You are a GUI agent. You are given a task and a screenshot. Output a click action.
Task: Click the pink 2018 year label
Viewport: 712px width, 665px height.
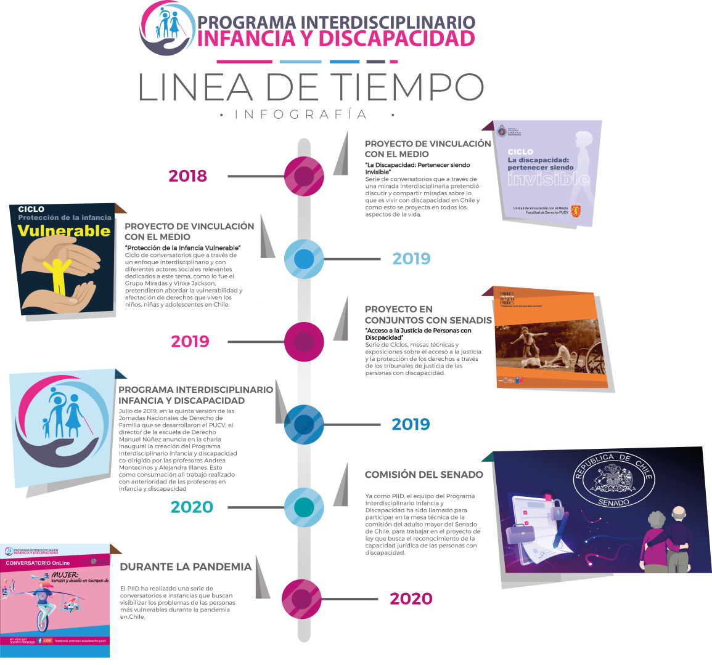(x=188, y=176)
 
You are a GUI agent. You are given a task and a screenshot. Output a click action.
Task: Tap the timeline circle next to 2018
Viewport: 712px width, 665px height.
(x=304, y=176)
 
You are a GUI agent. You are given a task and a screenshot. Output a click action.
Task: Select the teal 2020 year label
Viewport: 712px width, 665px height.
(x=192, y=507)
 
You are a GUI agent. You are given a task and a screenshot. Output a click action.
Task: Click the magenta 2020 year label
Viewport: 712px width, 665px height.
(x=411, y=598)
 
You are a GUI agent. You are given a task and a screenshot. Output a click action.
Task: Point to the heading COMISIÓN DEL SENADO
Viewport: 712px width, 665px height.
(x=424, y=475)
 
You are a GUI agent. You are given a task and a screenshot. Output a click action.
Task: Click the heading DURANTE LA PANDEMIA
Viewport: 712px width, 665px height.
(x=186, y=567)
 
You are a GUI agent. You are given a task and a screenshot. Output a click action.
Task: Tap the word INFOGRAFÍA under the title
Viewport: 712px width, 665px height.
(x=301, y=115)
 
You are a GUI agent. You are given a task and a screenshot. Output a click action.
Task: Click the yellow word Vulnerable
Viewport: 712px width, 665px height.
(x=64, y=231)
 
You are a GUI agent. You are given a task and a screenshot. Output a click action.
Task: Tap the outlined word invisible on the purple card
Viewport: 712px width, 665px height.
(x=549, y=179)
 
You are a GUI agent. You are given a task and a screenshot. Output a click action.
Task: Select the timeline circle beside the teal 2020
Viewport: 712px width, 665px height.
(x=304, y=507)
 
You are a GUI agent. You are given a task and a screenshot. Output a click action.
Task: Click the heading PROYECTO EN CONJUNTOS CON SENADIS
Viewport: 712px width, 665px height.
(x=428, y=315)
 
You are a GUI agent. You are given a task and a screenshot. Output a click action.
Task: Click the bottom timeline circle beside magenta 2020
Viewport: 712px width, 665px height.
(x=302, y=598)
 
